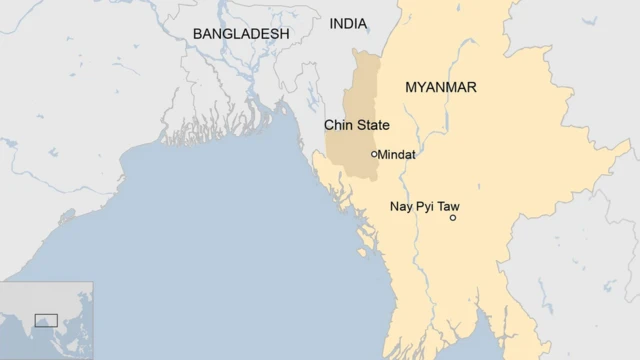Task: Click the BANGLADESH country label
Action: point(241,34)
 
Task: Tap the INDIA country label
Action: point(348,24)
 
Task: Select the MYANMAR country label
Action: point(441,88)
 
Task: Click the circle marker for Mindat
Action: point(375,154)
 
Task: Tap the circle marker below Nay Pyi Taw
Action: point(453,217)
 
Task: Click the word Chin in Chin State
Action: point(338,126)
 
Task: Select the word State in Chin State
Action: point(372,126)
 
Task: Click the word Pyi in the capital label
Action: point(427,207)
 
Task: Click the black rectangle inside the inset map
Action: point(46,320)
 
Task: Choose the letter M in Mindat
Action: point(385,155)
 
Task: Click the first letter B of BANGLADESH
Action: point(198,34)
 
